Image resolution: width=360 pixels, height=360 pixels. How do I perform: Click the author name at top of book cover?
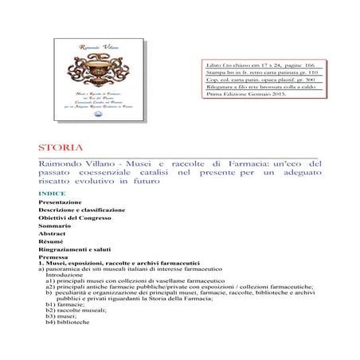pyautogui.click(x=89, y=47)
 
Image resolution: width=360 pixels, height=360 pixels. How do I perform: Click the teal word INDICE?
pyautogui.click(x=52, y=194)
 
